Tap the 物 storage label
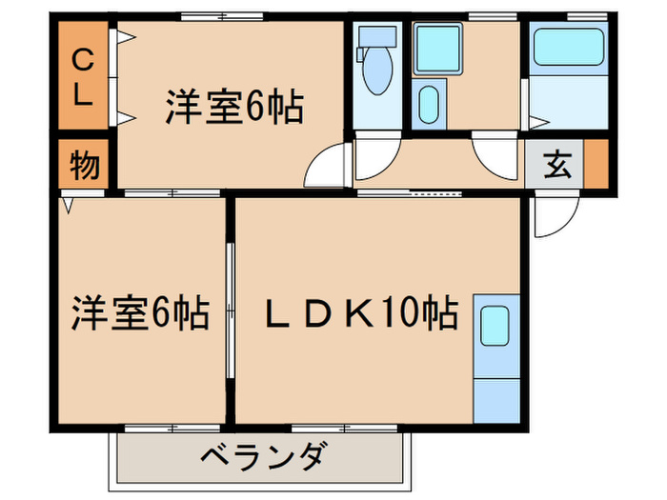coord(85,167)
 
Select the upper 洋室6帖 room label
coord(233,107)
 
